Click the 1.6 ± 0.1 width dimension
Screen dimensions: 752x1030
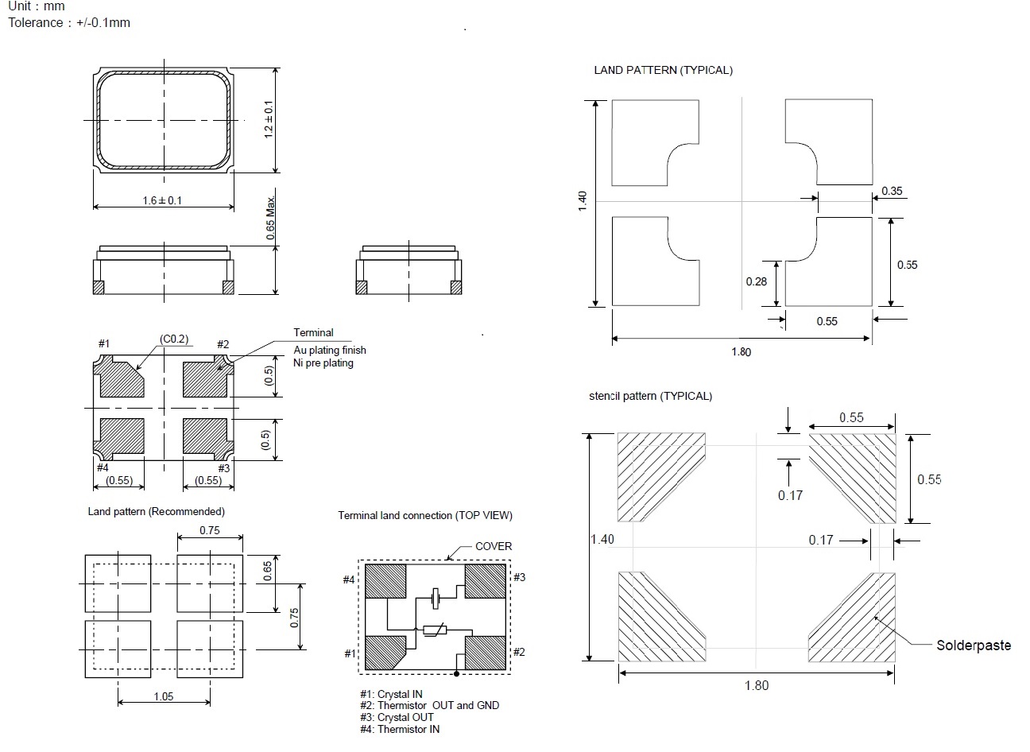tap(162, 200)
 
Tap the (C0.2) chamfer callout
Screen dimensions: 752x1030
tap(173, 339)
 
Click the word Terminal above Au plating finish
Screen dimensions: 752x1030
tap(313, 332)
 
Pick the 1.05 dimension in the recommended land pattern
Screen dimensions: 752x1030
tap(163, 696)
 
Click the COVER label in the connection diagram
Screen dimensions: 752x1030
tap(494, 546)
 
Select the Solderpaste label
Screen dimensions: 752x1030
tap(974, 645)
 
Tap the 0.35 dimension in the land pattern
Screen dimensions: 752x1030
tap(892, 192)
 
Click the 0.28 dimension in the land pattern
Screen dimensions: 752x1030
tap(756, 281)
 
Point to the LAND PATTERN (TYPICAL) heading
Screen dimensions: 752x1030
tap(663, 70)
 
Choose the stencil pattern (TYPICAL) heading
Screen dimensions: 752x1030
tap(650, 396)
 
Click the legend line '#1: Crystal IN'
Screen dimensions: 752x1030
tap(391, 694)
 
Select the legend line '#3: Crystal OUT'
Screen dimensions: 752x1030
tap(397, 717)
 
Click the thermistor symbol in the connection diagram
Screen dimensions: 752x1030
tap(434, 630)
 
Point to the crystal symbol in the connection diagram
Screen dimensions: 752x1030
tap(436, 596)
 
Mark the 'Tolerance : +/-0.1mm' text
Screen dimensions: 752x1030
tap(69, 22)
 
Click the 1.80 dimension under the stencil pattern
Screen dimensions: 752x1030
tap(756, 685)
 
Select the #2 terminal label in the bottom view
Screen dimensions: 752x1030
tap(223, 344)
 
